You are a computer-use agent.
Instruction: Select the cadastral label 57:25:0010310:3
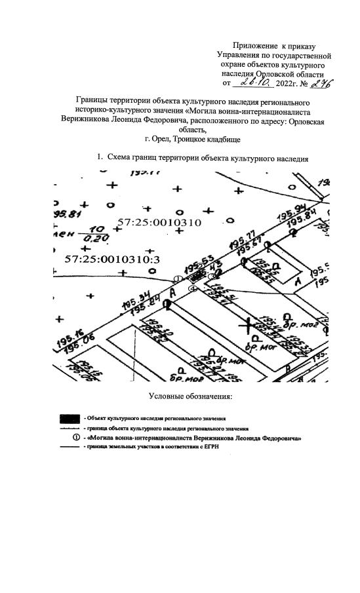point(112,259)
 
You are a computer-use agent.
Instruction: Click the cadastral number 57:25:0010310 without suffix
point(158,223)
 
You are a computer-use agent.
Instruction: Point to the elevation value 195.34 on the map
point(134,296)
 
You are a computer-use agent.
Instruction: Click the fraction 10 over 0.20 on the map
point(99,234)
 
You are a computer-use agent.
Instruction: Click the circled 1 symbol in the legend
point(78,437)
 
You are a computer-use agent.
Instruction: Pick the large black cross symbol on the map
point(247,323)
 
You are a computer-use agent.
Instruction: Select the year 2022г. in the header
point(292,84)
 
